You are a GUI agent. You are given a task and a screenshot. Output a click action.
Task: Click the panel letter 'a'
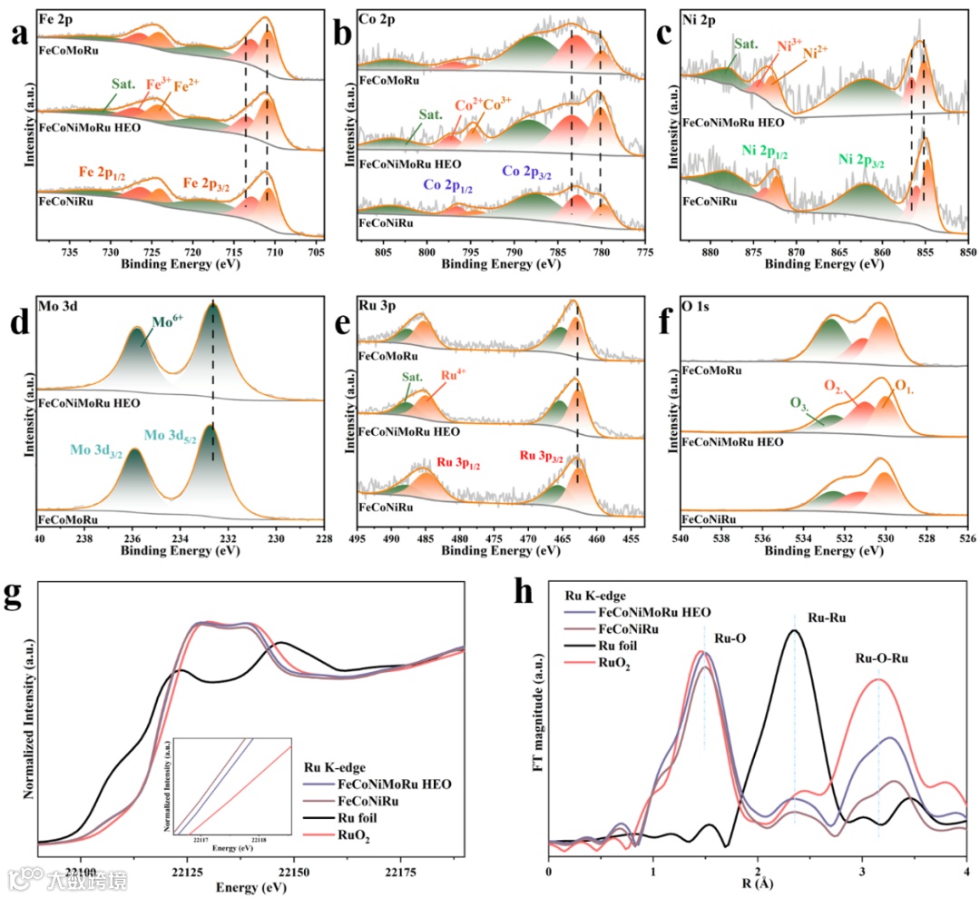tap(17, 34)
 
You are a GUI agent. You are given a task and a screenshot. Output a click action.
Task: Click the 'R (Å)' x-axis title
tap(758, 882)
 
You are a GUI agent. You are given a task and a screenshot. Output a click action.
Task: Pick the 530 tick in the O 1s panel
tap(885, 538)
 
